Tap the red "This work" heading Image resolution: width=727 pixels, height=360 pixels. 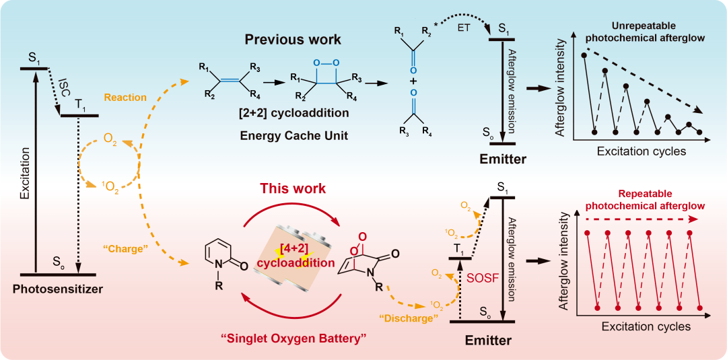[x=293, y=188]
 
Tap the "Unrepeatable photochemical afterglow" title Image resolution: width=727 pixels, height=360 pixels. [x=645, y=32]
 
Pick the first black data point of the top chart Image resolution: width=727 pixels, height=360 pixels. [x=584, y=55]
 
